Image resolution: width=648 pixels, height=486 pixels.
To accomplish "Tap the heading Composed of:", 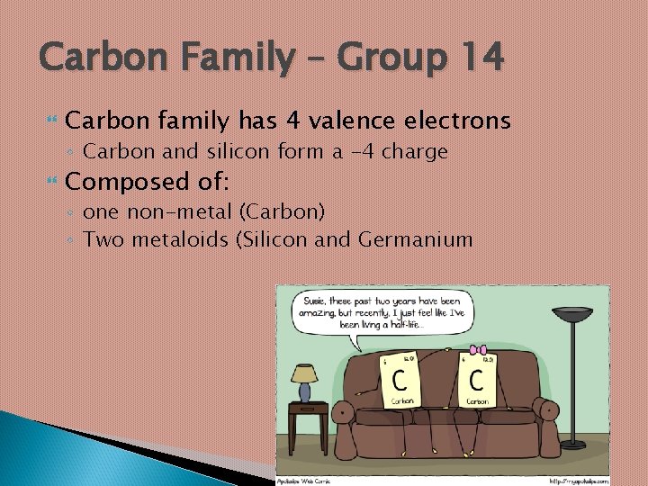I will tap(148, 182).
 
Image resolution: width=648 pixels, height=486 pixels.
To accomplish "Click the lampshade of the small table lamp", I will tap(304, 373).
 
